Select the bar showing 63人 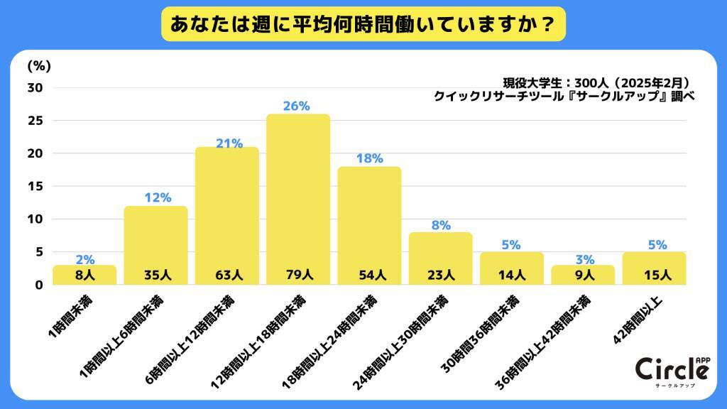227,213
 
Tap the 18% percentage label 369,158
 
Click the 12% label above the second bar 156,198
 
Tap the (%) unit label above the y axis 38,66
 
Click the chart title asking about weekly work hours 363,24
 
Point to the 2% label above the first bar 84,259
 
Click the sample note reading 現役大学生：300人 596,82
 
